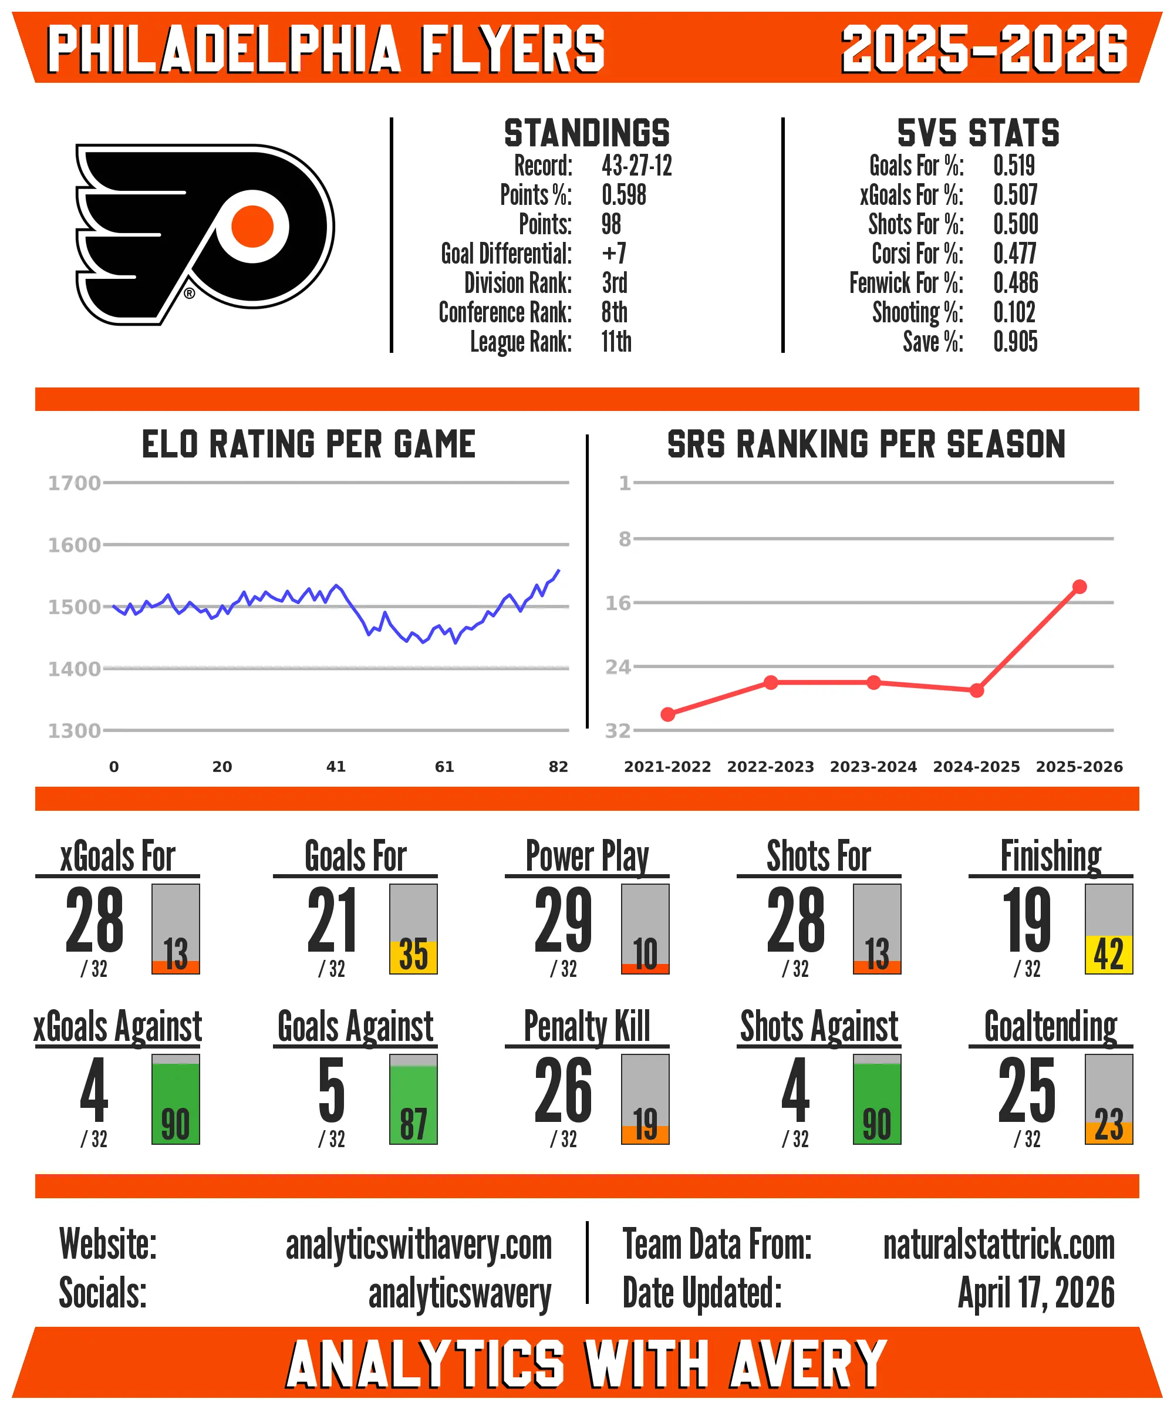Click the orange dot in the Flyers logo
(x=252, y=226)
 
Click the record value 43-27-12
(x=636, y=166)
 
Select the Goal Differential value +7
(x=614, y=254)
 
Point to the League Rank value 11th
(x=616, y=342)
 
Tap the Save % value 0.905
(x=1015, y=342)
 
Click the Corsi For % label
(x=917, y=254)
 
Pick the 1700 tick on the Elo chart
(x=74, y=483)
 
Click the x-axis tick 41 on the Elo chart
(x=335, y=766)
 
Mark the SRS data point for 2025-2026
(x=1079, y=586)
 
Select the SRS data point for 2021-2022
(x=667, y=714)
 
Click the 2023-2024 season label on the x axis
(x=873, y=766)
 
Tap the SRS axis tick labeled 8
(x=625, y=539)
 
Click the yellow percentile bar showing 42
(x=1108, y=953)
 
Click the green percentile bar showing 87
(x=413, y=1104)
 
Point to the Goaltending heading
(x=1050, y=1027)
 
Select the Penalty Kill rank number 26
(x=563, y=1090)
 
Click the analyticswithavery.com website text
(x=419, y=1245)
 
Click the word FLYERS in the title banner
(x=512, y=48)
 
